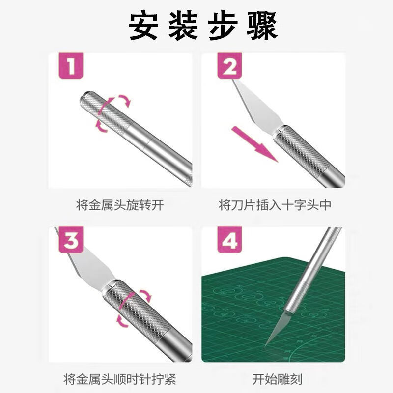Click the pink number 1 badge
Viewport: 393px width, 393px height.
(71, 66)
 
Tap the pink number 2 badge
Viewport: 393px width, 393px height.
(230, 66)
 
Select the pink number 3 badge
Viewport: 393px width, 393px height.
(71, 241)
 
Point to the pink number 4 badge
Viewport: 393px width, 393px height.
(230, 241)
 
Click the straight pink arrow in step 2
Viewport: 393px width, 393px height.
(254, 144)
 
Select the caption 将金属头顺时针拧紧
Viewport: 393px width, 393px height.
(120, 379)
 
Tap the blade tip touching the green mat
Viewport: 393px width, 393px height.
(269, 343)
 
